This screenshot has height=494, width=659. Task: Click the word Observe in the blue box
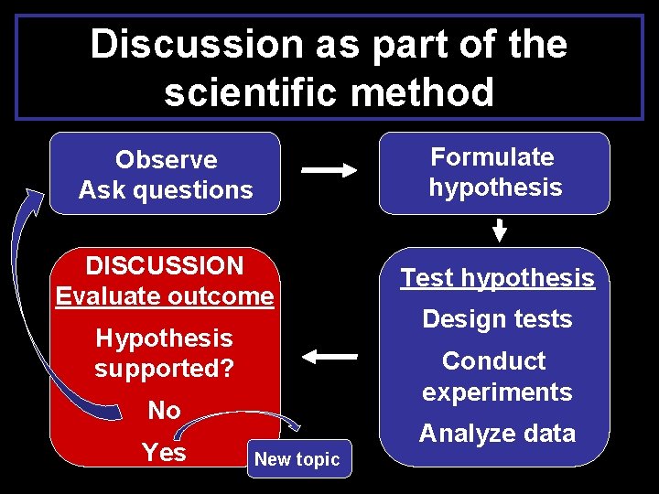166,159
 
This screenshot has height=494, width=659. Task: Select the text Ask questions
166,190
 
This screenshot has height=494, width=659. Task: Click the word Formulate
492,156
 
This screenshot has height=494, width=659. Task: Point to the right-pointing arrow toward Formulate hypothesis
329,170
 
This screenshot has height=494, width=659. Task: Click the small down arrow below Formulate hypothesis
499,231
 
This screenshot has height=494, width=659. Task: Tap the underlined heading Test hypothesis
497,278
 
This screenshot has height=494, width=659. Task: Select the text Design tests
497,319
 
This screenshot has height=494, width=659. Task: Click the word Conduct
493,360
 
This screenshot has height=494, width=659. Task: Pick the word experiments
497,392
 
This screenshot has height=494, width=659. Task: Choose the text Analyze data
497,434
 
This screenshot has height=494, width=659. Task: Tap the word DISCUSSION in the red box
165,266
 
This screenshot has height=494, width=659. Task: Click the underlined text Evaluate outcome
165,296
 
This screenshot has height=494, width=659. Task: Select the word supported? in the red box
165,369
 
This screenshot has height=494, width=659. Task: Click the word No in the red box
165,411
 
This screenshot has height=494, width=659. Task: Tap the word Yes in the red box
165,452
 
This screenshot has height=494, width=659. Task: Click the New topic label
297,459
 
